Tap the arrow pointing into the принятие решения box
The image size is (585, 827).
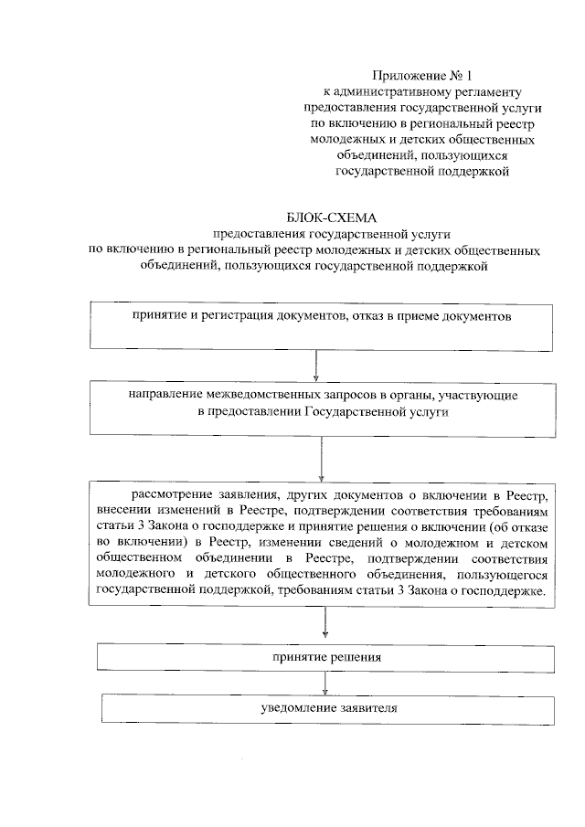point(325,626)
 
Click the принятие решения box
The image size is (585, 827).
point(325,657)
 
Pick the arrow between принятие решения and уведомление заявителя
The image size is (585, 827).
point(325,684)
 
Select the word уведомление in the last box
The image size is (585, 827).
point(290,709)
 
